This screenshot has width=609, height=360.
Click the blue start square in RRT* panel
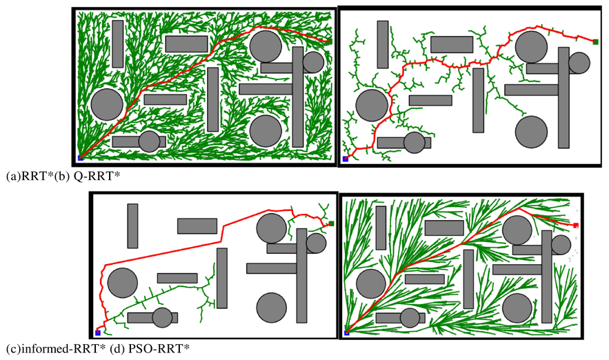point(81,158)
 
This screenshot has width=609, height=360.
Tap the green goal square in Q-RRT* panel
point(595,41)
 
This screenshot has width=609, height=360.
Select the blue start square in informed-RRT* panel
point(98,333)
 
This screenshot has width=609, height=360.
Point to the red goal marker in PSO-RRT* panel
point(576,226)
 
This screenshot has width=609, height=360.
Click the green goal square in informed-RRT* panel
point(331,223)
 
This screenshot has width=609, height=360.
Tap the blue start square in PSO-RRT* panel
point(347,333)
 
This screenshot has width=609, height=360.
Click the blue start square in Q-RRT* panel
point(346,159)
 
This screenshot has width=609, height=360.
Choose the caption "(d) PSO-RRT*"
point(150,349)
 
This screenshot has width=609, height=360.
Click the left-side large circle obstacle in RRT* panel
point(107,104)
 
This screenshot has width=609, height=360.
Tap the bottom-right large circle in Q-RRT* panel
point(531,132)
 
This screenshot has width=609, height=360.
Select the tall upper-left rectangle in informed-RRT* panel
point(132,226)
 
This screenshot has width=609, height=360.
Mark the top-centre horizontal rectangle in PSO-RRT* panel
point(444,228)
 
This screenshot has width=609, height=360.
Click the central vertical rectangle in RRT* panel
point(213,99)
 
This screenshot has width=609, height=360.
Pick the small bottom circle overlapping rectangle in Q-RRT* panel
point(415,143)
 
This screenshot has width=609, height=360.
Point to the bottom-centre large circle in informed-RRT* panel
point(272,308)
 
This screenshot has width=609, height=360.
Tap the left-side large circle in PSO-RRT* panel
point(371,284)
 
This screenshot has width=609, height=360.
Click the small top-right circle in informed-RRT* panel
point(316,243)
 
